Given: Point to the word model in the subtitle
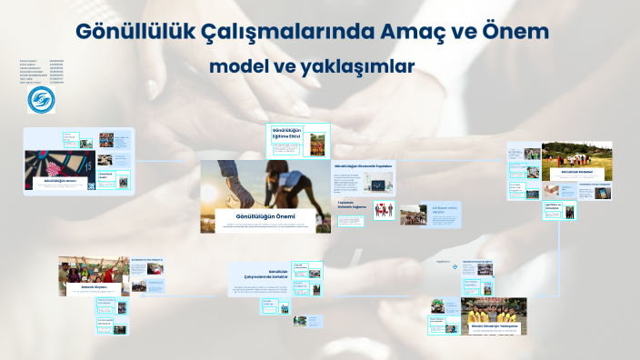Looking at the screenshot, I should click(x=240, y=66).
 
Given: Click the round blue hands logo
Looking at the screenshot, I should click(x=41, y=99).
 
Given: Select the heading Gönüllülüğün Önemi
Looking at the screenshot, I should click(x=265, y=216).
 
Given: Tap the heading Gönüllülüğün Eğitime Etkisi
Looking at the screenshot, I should click(x=285, y=133).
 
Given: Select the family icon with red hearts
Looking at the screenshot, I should click(x=384, y=210).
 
